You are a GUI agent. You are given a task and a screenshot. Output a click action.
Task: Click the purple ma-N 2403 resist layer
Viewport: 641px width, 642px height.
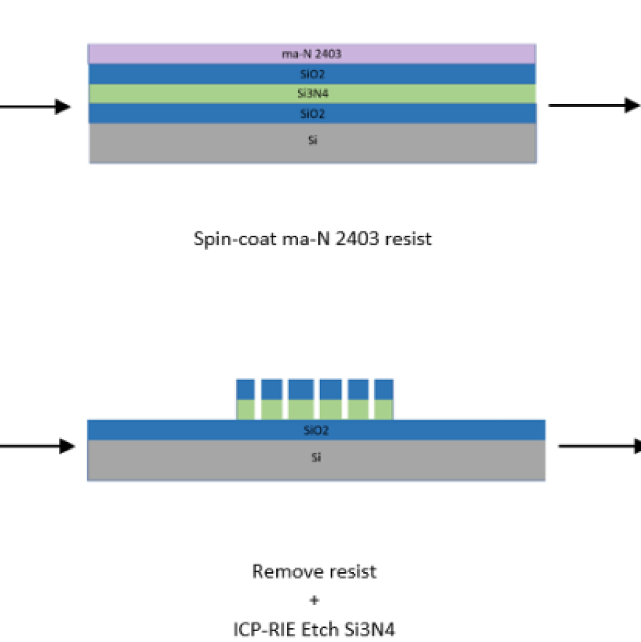coord(312,54)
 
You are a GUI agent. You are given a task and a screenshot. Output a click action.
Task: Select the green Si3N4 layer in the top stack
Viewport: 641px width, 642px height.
coord(312,94)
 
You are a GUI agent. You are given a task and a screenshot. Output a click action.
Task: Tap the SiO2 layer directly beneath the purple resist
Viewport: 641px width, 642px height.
coord(312,74)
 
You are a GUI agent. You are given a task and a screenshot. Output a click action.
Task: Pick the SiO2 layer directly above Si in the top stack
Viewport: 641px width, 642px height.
coord(312,113)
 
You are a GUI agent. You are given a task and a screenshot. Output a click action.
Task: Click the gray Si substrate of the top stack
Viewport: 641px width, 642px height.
coord(312,143)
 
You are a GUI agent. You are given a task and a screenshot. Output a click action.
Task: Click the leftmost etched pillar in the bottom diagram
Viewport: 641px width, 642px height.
coord(246,400)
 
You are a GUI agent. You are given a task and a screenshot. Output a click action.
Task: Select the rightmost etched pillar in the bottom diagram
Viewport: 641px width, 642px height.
coord(383,400)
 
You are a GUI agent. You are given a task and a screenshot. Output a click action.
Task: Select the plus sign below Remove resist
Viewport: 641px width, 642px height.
coord(314,600)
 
